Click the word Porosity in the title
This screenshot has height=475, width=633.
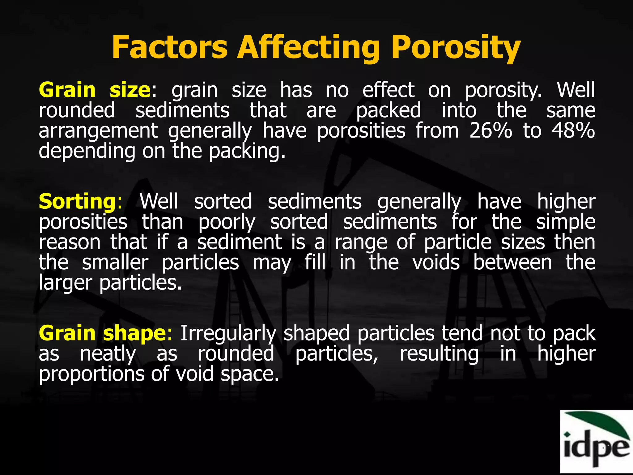456,48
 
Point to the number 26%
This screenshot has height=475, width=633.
491,131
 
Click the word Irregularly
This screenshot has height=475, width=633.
228,334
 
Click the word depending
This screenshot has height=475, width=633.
87,152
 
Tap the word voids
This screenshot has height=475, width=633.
436,263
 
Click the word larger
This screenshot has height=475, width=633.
66,283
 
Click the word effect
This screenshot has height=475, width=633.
388,90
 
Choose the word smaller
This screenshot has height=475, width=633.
115,263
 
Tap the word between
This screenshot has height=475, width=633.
512,263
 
